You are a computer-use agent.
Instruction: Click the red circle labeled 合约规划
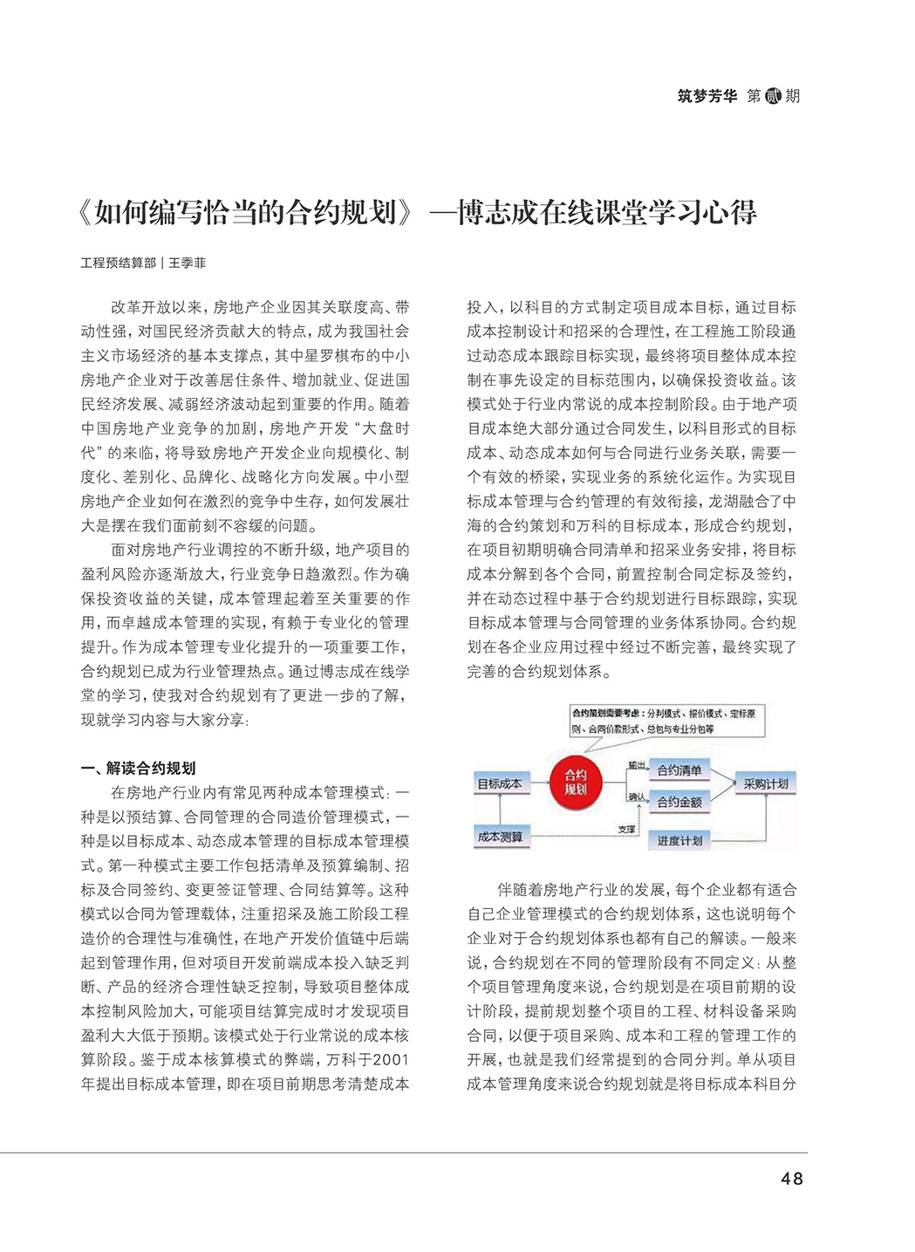[x=575, y=782]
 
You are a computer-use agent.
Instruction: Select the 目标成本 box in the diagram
[x=500, y=783]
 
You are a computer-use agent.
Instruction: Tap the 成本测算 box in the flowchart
[x=500, y=837]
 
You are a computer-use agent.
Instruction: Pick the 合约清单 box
[x=679, y=770]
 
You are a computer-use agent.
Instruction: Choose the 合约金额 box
[x=679, y=802]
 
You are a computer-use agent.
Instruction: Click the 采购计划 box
[x=766, y=783]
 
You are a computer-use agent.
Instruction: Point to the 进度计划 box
[x=679, y=840]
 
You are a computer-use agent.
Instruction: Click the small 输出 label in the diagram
[x=637, y=764]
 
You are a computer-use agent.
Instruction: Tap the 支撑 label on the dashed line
[x=626, y=830]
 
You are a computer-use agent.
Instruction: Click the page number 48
[x=792, y=1179]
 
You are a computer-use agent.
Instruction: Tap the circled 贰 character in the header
[x=773, y=96]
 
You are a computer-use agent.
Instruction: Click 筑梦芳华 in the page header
[x=707, y=96]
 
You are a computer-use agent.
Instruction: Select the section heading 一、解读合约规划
[x=138, y=768]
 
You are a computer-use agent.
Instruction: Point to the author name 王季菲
[x=188, y=263]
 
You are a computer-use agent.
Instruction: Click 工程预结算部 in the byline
[x=119, y=263]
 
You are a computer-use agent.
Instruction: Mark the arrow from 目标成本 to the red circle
[x=536, y=783]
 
